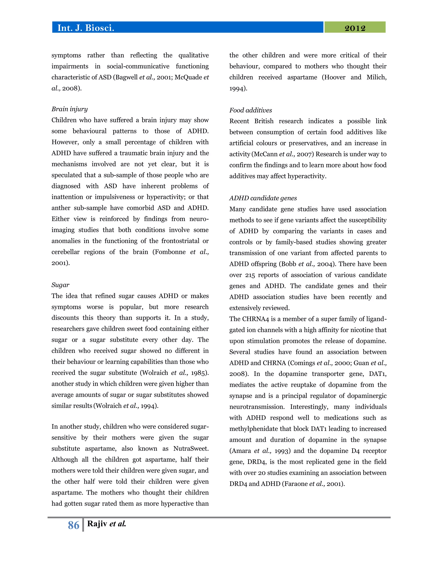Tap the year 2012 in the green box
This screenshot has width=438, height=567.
[355, 28]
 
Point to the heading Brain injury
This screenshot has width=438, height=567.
[70, 109]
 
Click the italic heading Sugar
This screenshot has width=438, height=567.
[60, 285]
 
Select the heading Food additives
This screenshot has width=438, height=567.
[250, 110]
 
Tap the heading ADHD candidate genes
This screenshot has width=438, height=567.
[263, 198]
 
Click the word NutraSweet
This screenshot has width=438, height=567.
[191, 449]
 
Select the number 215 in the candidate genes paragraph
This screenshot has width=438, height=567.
[250, 275]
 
